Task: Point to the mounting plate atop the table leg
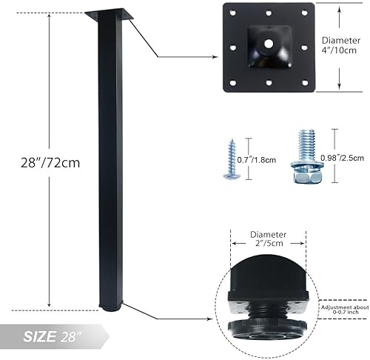(x=111, y=15)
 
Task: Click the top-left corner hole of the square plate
(x=232, y=13)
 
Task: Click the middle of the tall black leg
(x=110, y=163)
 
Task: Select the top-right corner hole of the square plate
(x=303, y=13)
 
